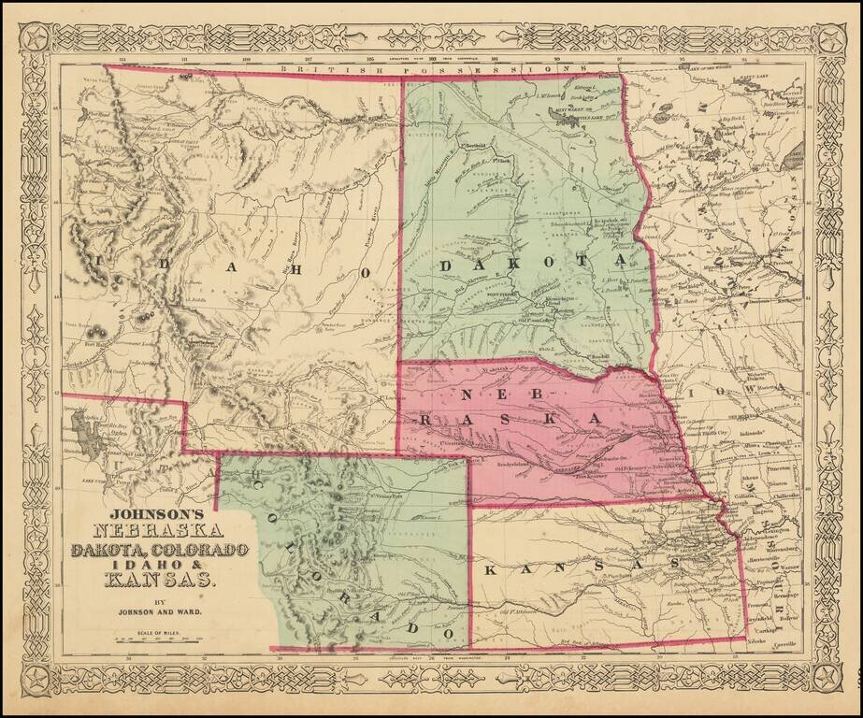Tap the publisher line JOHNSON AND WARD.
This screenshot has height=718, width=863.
155,613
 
